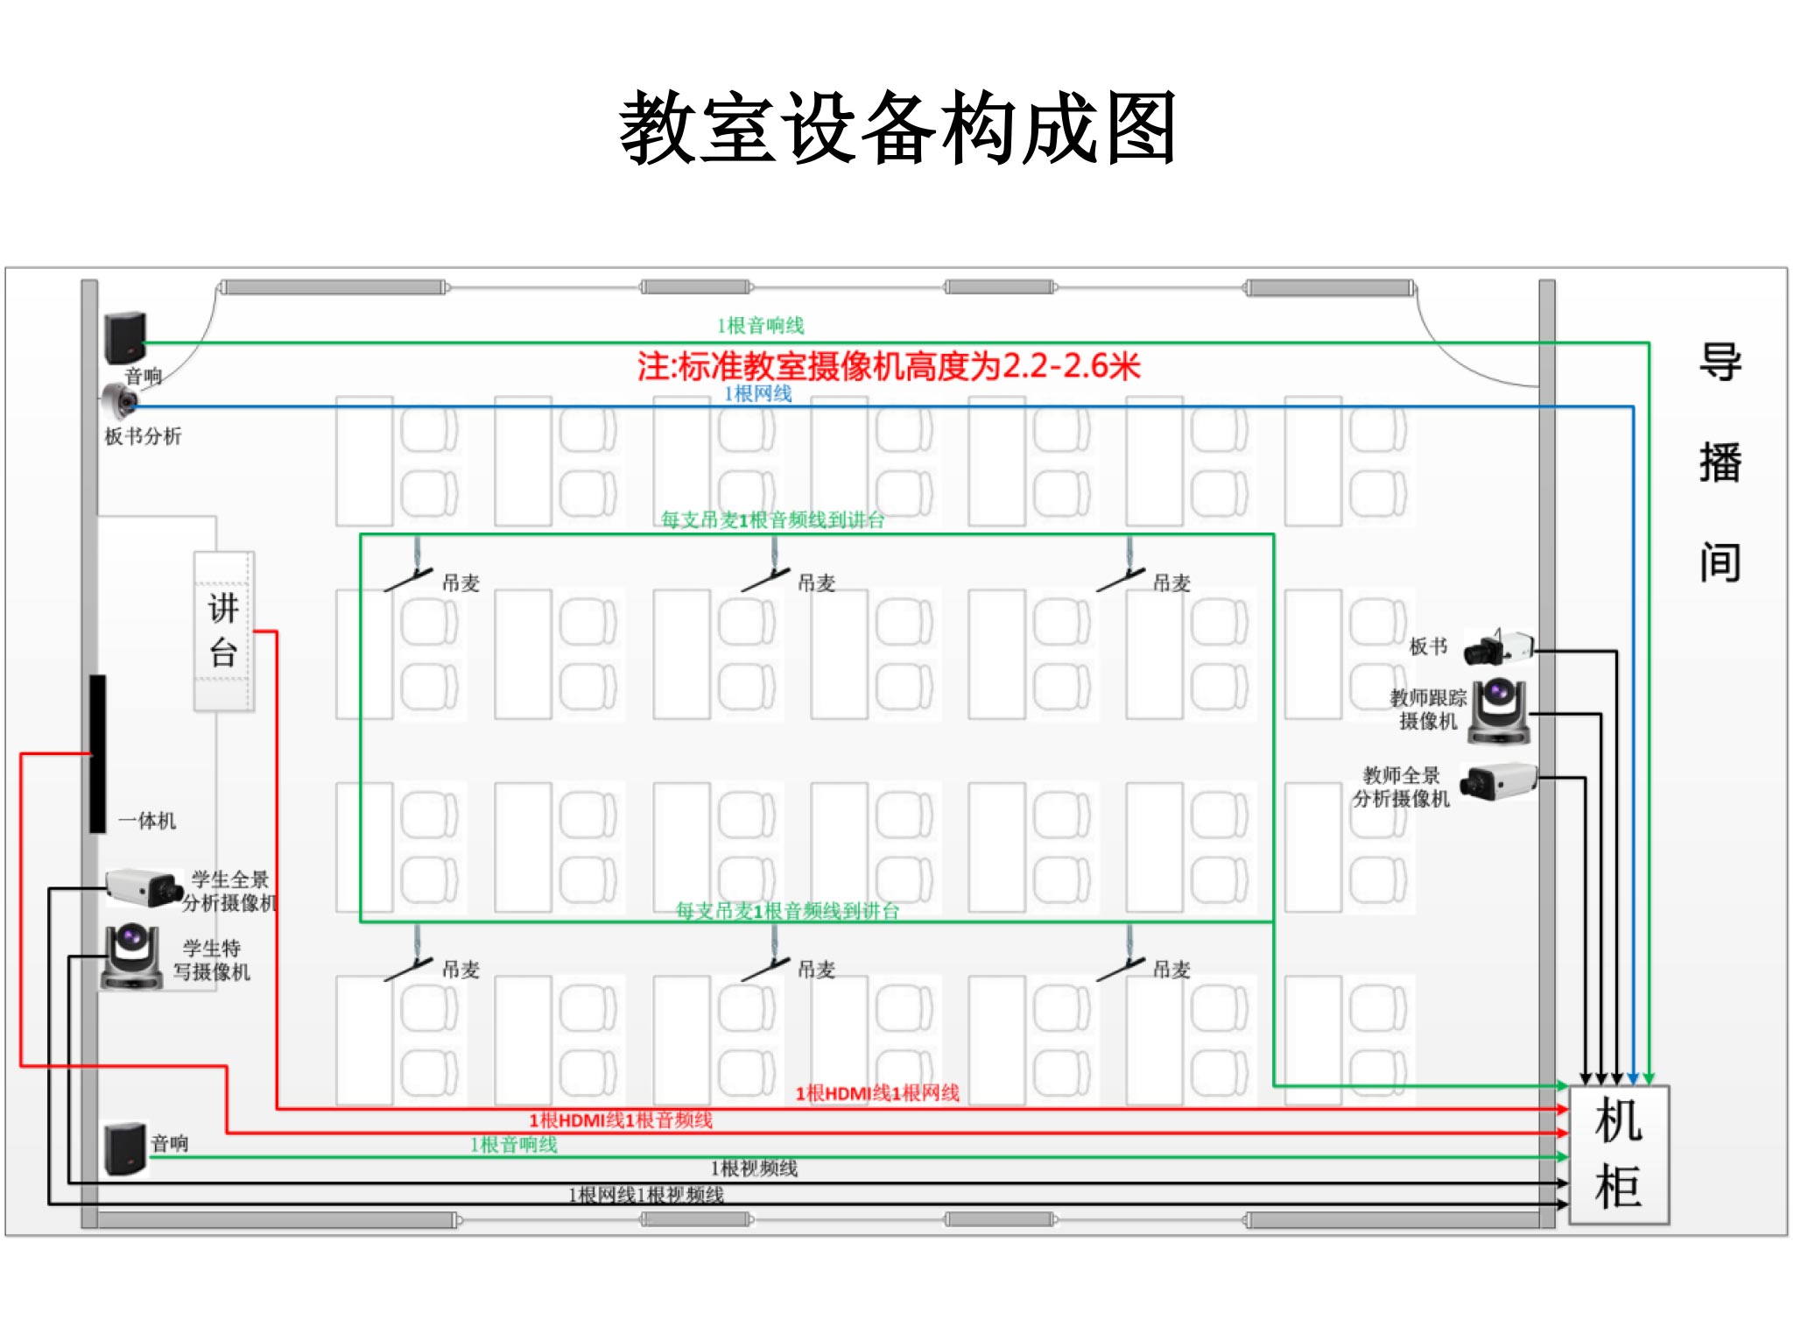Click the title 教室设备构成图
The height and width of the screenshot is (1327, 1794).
(897, 129)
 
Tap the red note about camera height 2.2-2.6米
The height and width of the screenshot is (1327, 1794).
(889, 366)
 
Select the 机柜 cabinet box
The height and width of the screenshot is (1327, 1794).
(1618, 1154)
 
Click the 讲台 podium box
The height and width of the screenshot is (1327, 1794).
(224, 631)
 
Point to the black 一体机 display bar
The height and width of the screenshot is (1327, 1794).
(97, 753)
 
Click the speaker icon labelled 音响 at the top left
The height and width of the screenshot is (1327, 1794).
(125, 337)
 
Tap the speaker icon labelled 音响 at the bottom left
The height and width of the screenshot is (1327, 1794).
(125, 1147)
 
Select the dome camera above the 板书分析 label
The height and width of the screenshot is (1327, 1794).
(119, 402)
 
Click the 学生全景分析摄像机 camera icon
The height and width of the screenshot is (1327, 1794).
(142, 887)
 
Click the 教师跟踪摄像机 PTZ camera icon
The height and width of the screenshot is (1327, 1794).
(1499, 711)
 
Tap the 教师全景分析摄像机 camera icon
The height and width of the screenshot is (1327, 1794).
(1498, 780)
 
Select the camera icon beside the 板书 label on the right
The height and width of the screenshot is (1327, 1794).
(1498, 647)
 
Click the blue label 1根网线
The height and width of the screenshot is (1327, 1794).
(757, 394)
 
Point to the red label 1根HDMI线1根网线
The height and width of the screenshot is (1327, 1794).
(877, 1093)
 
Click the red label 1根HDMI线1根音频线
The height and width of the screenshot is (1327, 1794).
(621, 1120)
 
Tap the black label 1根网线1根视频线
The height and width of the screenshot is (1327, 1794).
(646, 1195)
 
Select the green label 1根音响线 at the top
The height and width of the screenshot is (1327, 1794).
(760, 326)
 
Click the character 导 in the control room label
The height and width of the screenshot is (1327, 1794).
(1720, 362)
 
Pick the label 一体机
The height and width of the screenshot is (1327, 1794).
(147, 821)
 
